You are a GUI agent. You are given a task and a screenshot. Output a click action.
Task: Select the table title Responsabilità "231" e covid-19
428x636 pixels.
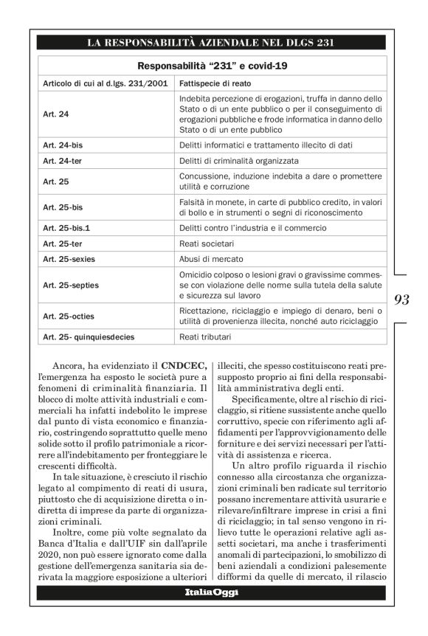[x=213, y=66]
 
